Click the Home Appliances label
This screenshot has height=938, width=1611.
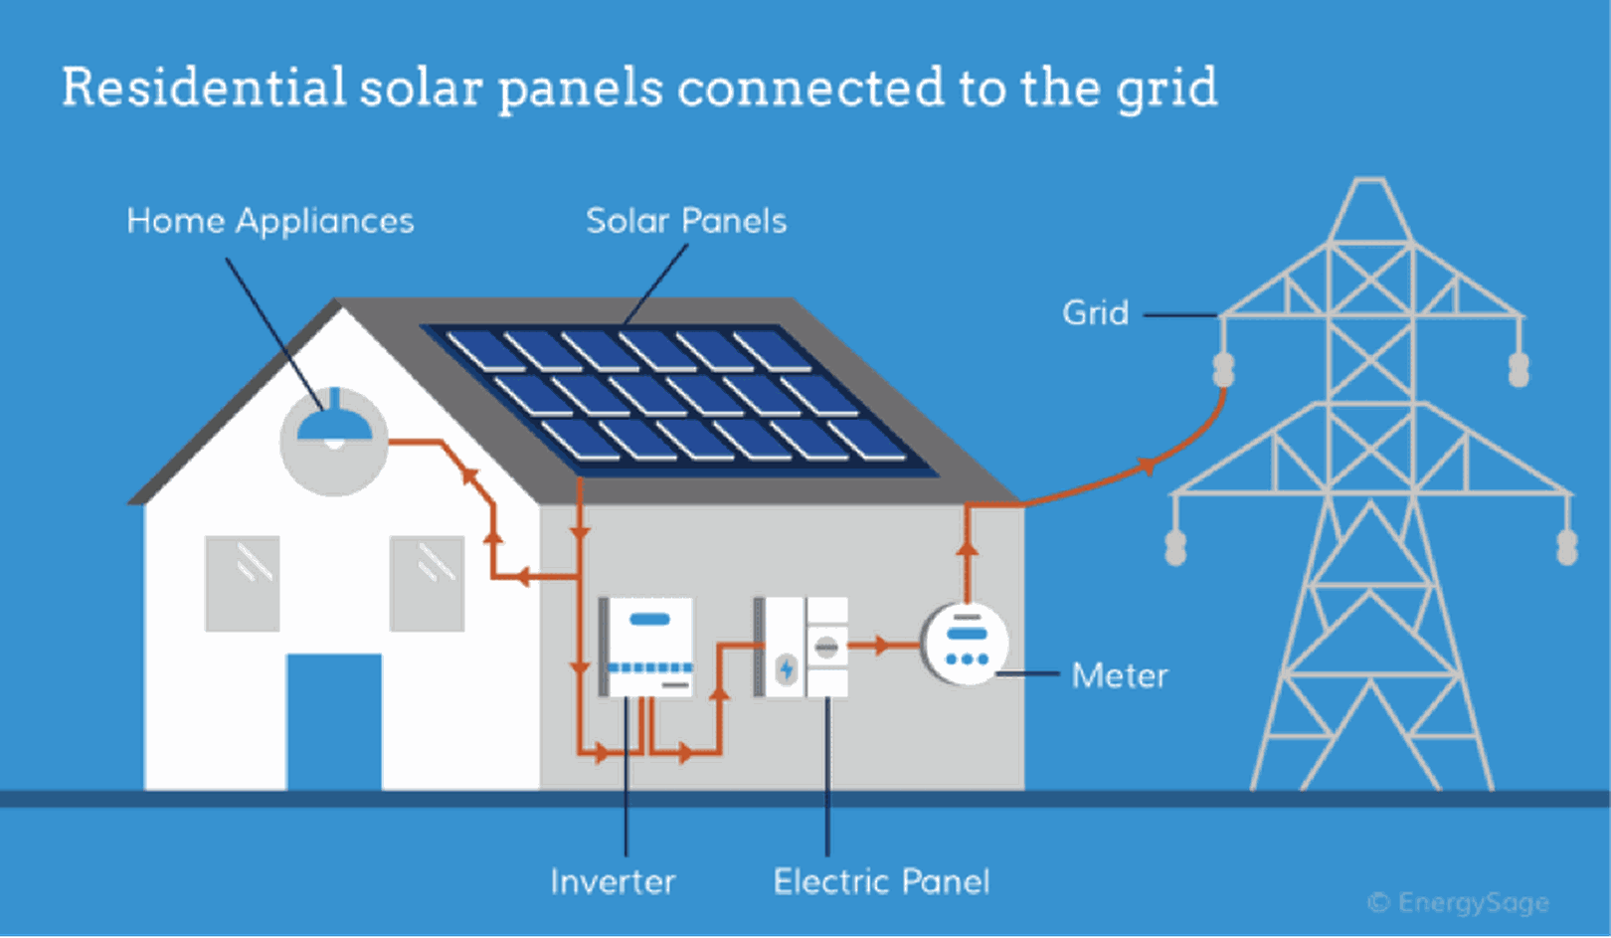pyautogui.click(x=269, y=221)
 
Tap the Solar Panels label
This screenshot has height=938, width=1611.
pyautogui.click(x=685, y=221)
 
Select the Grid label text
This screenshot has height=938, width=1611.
pyautogui.click(x=1095, y=313)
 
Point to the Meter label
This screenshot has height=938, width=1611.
pyautogui.click(x=1119, y=676)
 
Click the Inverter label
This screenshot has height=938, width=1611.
pyautogui.click(x=613, y=881)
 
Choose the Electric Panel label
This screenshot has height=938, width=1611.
pyautogui.click(x=881, y=881)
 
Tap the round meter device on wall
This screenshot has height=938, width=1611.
pyautogui.click(x=965, y=645)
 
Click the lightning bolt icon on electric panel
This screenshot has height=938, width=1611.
pyautogui.click(x=786, y=668)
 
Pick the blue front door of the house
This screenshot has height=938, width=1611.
pyautogui.click(x=334, y=721)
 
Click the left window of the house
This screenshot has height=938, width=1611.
pyautogui.click(x=242, y=584)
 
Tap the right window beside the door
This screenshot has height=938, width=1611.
pyautogui.click(x=427, y=584)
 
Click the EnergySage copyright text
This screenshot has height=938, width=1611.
pyautogui.click(x=1458, y=903)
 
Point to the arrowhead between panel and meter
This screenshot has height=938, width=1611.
pyautogui.click(x=880, y=646)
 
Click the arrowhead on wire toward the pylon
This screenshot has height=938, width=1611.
pyautogui.click(x=1147, y=466)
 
